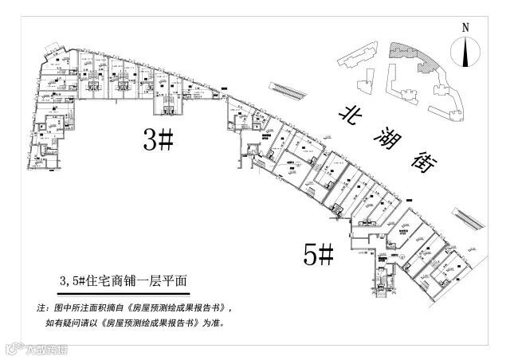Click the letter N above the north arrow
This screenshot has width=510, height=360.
(x=465, y=28)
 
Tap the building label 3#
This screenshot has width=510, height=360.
(x=157, y=141)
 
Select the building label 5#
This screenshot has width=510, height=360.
(x=318, y=254)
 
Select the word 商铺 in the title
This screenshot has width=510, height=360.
(x=132, y=280)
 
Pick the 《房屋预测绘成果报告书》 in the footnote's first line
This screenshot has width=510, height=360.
(x=172, y=307)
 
